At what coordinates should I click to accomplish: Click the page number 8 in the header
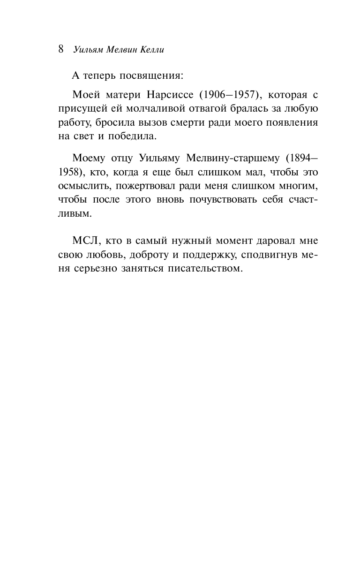pyautogui.click(x=61, y=49)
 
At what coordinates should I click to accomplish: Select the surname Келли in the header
pyautogui.click(x=150, y=50)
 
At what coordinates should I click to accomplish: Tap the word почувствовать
pyautogui.click(x=239, y=201)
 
